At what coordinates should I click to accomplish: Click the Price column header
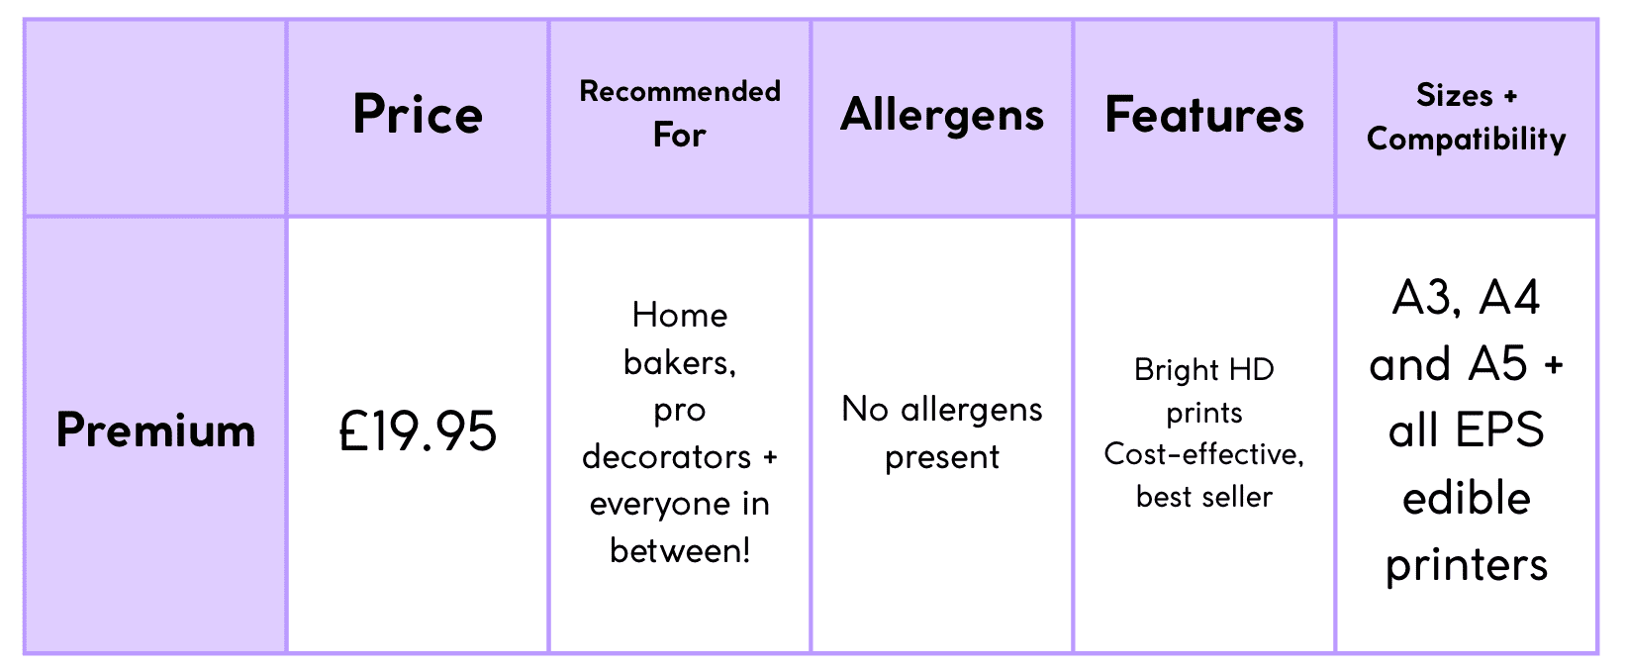(418, 115)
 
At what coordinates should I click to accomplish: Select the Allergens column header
(941, 116)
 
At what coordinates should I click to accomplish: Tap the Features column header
(1204, 115)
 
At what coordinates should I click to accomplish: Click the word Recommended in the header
(680, 91)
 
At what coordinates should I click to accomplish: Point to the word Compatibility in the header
(1467, 139)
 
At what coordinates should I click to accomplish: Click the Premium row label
(156, 429)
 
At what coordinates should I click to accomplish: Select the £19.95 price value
(418, 430)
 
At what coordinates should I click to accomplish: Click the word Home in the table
(680, 315)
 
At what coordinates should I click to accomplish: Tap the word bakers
(680, 362)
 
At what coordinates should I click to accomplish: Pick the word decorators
(666, 456)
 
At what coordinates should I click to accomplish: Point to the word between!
(680, 551)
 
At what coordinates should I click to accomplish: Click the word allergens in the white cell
(971, 410)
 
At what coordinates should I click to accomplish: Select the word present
(941, 457)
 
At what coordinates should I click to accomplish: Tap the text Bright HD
(1204, 369)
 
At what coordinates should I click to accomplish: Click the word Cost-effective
(1202, 454)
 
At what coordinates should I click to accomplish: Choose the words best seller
(1204, 498)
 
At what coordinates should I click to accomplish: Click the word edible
(1467, 498)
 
